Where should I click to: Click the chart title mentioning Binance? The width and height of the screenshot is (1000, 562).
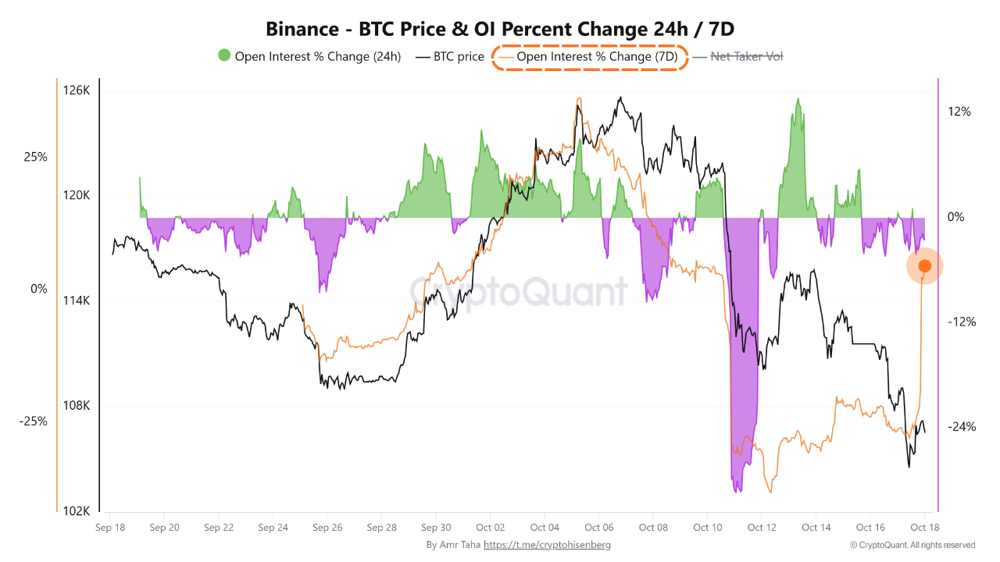point(500,29)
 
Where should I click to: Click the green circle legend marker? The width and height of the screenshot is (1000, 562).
point(224,56)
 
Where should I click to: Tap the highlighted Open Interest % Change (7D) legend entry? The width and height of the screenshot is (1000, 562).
point(590,57)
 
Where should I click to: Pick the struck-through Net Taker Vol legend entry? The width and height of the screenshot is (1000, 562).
point(746,57)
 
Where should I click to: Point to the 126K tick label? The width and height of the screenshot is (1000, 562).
point(77,91)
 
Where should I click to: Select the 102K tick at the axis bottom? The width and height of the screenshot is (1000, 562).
point(77,511)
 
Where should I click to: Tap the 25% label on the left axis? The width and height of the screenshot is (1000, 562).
point(36,157)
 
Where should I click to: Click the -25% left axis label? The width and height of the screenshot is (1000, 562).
point(34,421)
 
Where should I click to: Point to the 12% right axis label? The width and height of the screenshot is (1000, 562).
point(959,112)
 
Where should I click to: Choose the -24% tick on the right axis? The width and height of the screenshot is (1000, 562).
point(961,427)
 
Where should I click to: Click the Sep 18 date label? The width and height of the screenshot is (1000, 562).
point(109,528)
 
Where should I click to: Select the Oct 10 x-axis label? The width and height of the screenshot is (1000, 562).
point(707,528)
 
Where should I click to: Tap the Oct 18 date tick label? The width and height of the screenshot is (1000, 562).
point(924,528)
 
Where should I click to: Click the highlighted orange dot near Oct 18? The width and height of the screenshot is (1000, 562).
point(924,266)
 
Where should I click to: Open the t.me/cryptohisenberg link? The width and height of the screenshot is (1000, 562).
point(547,545)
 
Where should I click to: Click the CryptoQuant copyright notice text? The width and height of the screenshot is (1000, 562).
point(912,545)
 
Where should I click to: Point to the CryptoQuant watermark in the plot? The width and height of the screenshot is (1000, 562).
point(519,291)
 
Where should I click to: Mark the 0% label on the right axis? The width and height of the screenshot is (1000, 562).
point(955,217)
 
